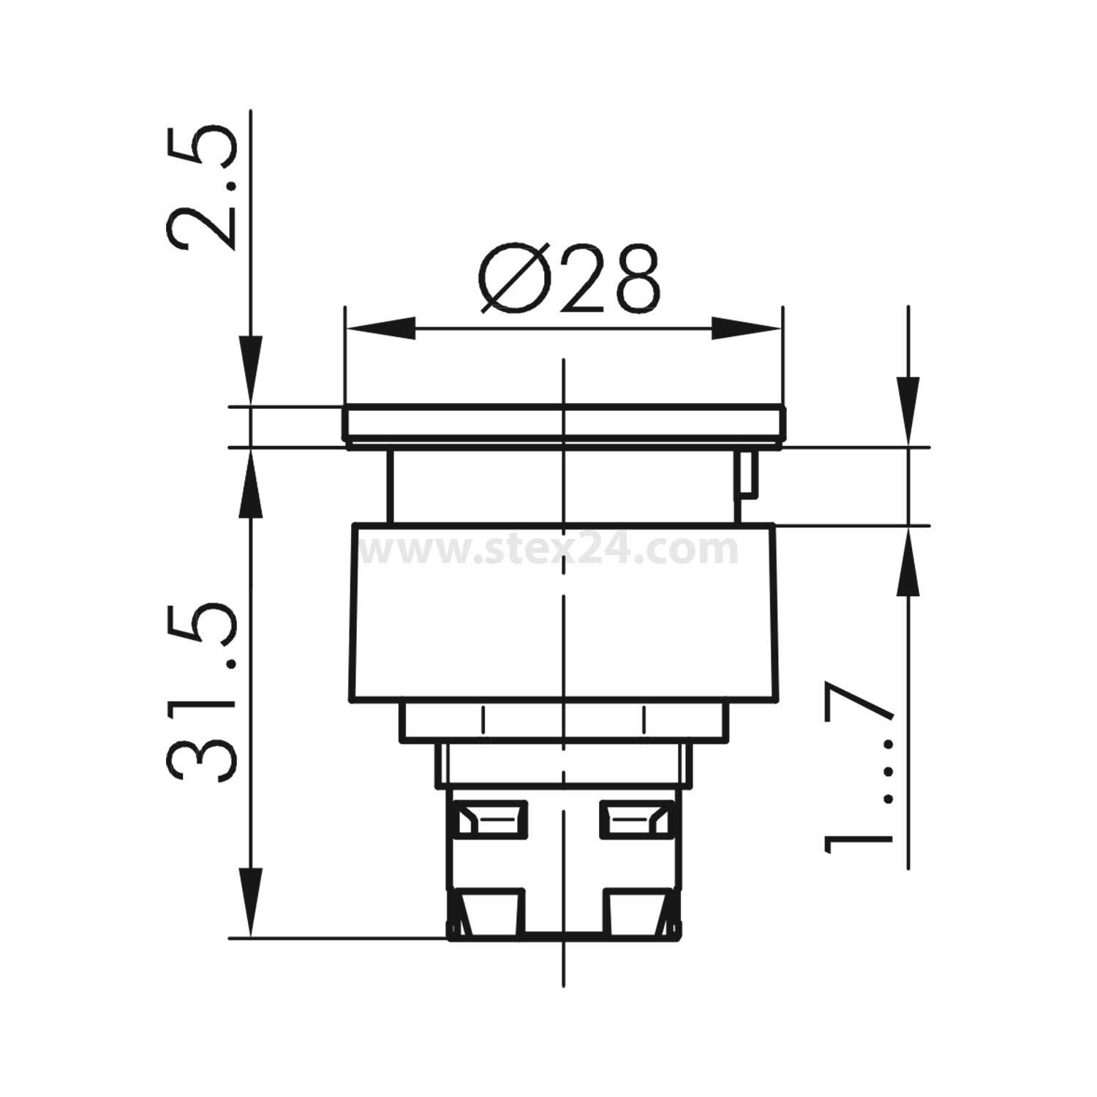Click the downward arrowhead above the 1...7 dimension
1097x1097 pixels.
(908, 410)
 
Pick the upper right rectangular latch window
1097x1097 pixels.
(635, 818)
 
